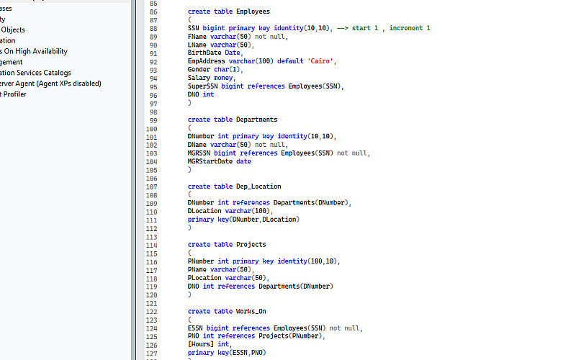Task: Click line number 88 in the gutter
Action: pyautogui.click(x=153, y=27)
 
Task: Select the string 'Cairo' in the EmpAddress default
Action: pyautogui.click(x=320, y=61)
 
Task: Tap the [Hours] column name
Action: pyautogui.click(x=202, y=344)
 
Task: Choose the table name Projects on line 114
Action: pyautogui.click(x=251, y=244)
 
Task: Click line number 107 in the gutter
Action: pyautogui.click(x=151, y=186)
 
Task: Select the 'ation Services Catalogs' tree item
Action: pyautogui.click(x=36, y=73)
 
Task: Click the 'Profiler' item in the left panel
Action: pyautogui.click(x=14, y=94)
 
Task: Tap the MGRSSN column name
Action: pyautogui.click(x=199, y=153)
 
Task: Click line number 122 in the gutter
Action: pyautogui.click(x=151, y=311)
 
